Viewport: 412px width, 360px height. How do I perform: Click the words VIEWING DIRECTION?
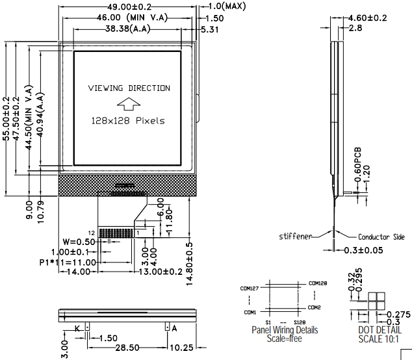point(129,88)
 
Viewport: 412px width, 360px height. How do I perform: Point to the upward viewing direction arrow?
point(128,104)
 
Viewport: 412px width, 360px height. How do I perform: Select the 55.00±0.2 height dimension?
point(7,119)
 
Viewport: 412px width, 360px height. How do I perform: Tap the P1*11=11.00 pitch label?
point(68,262)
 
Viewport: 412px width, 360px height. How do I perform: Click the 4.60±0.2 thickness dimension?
point(368,18)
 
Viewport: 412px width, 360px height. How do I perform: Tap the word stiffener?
point(296,236)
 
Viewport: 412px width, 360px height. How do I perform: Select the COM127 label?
point(249,288)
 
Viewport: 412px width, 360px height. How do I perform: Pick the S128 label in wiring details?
point(300,322)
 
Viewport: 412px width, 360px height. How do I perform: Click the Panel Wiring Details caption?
point(285,330)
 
